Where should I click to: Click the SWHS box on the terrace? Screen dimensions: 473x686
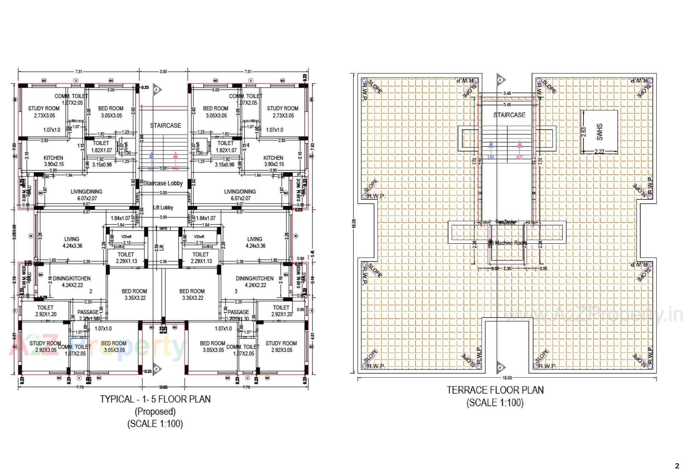(x=599, y=132)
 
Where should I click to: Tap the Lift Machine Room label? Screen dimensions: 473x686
(x=507, y=243)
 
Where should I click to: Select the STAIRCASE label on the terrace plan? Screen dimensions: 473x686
(x=509, y=115)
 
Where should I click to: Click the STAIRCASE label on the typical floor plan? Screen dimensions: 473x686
(x=165, y=126)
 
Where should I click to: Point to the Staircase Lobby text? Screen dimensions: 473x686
(x=163, y=183)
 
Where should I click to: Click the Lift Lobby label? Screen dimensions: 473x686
(x=163, y=208)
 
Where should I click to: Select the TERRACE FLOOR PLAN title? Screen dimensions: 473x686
(x=495, y=390)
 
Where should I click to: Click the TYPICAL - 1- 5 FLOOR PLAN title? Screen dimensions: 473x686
(x=155, y=399)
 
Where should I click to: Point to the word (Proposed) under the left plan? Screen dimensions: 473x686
(x=155, y=412)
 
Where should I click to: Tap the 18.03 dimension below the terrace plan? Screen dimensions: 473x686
(x=507, y=378)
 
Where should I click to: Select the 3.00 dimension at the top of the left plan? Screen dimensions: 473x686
(x=163, y=71)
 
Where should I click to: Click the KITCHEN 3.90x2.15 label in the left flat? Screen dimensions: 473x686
(x=54, y=161)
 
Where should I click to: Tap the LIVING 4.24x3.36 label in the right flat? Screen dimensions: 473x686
(x=255, y=242)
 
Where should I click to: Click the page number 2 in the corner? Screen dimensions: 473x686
(x=677, y=465)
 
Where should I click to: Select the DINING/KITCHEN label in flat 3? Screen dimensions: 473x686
(x=254, y=282)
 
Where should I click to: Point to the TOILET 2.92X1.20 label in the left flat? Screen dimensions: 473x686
(x=45, y=311)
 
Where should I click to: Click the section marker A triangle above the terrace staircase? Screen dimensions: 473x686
(x=500, y=80)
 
